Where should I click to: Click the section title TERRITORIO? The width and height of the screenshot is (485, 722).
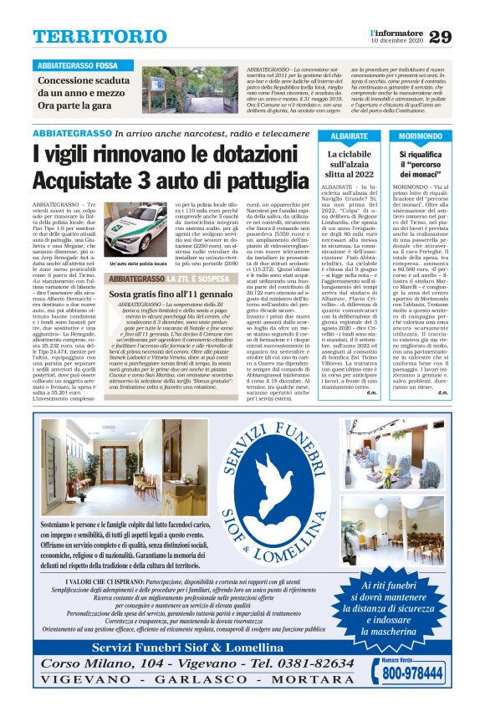click(x=89, y=37)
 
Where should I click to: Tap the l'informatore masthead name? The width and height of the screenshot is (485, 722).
click(x=396, y=32)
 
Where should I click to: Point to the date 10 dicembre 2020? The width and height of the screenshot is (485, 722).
click(x=396, y=41)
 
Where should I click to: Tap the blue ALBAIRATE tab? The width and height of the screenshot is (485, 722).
click(x=350, y=136)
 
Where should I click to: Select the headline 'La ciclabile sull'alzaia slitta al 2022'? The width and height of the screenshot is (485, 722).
click(x=350, y=166)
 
